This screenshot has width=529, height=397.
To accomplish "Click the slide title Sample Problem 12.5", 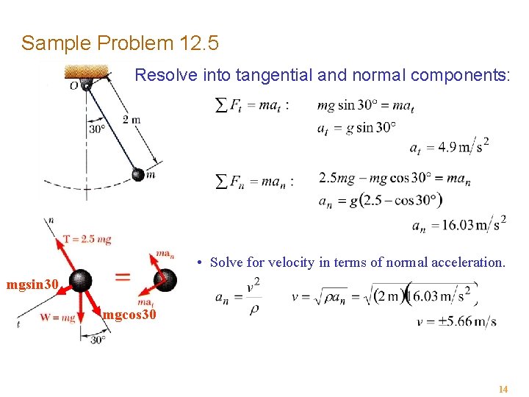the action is pos(120,43).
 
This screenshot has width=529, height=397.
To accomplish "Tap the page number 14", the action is pos(503,389).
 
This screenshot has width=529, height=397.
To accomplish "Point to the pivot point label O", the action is pos(74,85).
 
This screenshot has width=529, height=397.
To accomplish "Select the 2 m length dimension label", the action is pos(133,118).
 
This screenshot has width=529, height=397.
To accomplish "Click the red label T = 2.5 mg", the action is pos(87,239).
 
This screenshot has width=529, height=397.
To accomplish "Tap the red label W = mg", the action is pos(58,318).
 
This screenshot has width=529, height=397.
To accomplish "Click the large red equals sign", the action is pos(123,277).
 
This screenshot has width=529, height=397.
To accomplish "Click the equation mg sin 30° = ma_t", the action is pos(365,106).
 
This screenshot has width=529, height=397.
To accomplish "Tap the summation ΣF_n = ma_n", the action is pos(253,180).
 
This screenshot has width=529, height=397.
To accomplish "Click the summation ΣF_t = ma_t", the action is pos(251,105).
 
